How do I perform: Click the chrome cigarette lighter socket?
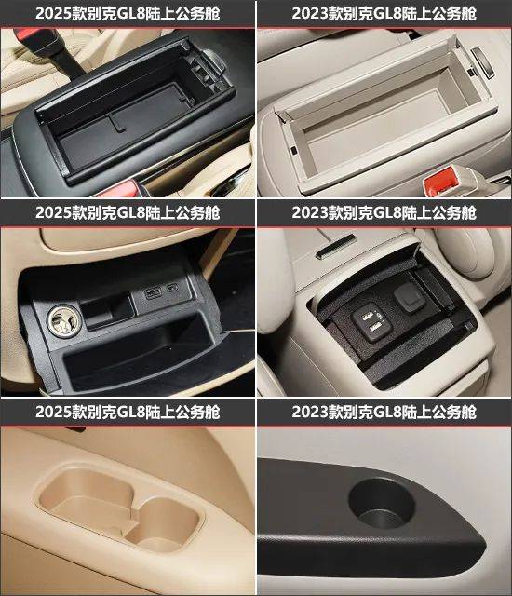[64, 321]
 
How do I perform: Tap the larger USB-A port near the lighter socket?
[153, 293]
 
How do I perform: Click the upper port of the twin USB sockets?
[368, 315]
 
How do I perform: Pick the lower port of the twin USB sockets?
[374, 326]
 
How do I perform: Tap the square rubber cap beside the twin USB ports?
[410, 296]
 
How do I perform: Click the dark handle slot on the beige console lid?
[336, 246]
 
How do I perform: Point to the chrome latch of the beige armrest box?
[482, 61]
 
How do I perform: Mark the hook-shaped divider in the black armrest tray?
[116, 123]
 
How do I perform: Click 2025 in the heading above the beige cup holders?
[54, 412]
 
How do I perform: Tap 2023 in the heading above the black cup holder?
[310, 412]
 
